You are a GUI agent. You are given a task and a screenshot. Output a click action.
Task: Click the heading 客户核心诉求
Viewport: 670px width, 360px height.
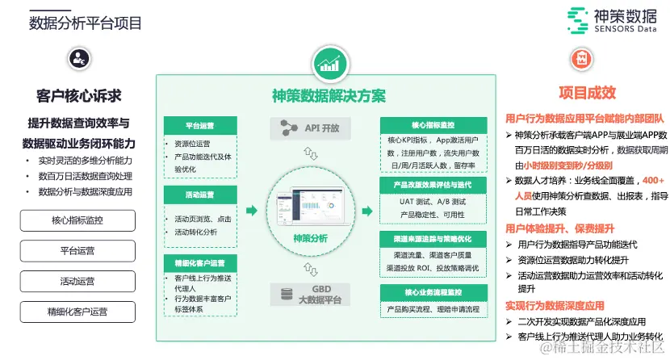pos(79,96)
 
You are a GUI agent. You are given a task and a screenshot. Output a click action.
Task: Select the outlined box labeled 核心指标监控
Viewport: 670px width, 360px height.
pos(77,220)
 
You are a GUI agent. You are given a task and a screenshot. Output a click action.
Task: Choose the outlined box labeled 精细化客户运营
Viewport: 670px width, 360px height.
pos(77,312)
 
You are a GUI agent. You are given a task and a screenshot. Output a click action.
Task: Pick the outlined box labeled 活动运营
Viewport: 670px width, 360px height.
pos(77,281)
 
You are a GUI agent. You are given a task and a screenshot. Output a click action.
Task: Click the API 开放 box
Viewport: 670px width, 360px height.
pos(311,128)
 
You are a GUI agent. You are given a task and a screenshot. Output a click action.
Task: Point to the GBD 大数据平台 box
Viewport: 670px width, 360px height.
pos(311,295)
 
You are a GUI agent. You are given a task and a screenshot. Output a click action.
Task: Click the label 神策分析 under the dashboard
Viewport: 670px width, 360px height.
pos(311,239)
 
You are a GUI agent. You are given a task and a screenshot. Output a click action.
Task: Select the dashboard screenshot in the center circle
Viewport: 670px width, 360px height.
pos(311,207)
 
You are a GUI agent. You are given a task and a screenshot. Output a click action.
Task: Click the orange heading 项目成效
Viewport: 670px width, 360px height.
pos(586,93)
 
